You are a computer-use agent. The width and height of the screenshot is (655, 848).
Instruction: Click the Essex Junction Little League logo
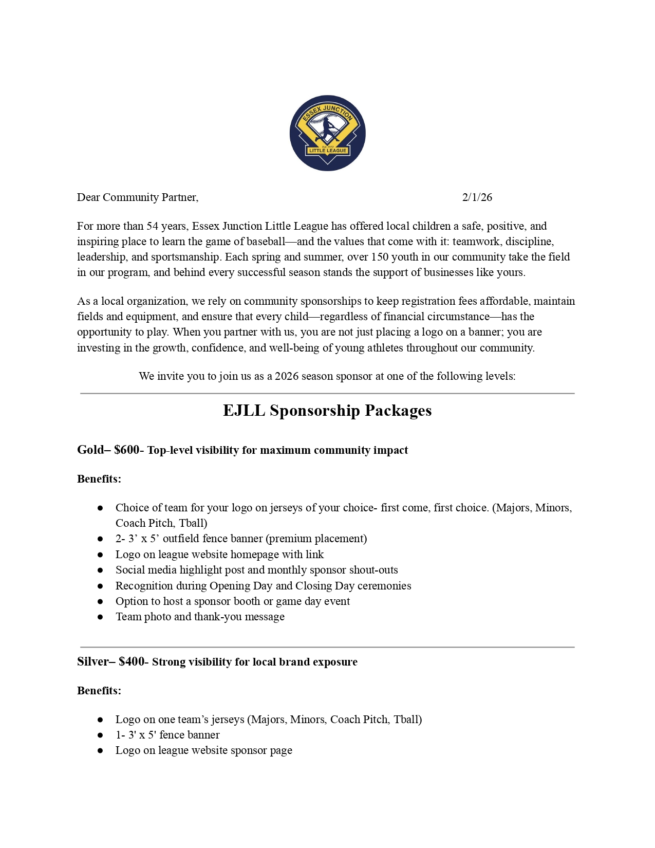point(327,133)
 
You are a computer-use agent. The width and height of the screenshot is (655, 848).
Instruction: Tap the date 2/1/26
point(477,197)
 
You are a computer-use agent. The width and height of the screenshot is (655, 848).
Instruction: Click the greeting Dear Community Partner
point(137,197)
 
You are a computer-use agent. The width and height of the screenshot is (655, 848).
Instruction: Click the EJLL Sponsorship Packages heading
point(327,411)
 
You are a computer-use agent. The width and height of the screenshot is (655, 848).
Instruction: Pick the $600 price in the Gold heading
point(126,450)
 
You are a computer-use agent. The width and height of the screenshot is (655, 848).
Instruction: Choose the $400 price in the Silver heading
point(132,662)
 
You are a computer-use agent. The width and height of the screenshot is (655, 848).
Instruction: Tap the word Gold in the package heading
point(90,450)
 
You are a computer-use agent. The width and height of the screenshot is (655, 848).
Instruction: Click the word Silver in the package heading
point(93,662)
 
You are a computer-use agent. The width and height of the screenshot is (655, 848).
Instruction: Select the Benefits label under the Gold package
point(99,479)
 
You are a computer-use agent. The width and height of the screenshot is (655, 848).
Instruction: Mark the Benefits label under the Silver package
point(99,691)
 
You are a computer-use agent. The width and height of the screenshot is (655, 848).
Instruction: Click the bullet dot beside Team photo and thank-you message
point(100,617)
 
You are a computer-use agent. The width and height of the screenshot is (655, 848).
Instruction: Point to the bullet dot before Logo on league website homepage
point(100,555)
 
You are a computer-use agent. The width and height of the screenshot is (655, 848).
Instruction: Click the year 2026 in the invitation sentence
point(287,376)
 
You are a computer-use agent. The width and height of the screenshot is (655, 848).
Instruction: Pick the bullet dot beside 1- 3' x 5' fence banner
point(100,735)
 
